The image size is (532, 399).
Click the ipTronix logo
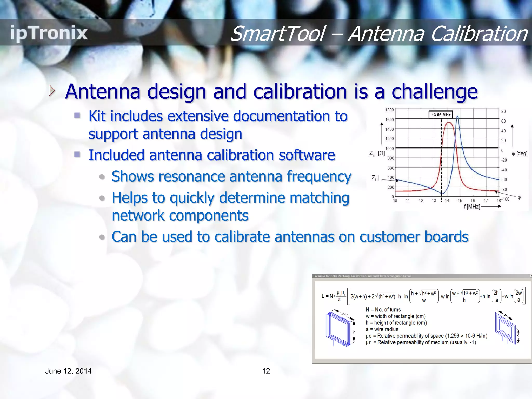click(49, 33)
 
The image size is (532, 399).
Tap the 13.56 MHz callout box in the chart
click(441, 115)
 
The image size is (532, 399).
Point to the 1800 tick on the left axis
click(389, 110)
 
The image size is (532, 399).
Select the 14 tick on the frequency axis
click(447, 201)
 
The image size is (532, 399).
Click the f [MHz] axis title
click(472, 207)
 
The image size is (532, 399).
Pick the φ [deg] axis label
click(519, 154)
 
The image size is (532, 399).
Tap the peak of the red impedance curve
click(449, 122)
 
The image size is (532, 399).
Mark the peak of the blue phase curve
click(457, 116)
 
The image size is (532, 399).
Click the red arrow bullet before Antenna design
click(52, 91)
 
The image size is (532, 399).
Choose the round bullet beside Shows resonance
click(102, 177)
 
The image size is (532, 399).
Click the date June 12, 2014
click(68, 371)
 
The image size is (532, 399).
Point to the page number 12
click(266, 371)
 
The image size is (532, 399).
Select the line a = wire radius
click(382, 329)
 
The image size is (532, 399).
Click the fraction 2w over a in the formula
click(518, 296)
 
